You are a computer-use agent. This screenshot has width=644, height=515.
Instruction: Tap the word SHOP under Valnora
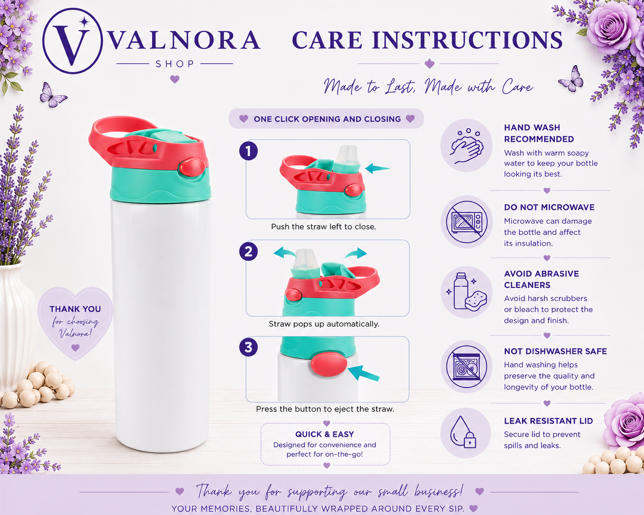point(175,64)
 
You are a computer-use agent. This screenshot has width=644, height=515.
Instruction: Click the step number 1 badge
point(249,151)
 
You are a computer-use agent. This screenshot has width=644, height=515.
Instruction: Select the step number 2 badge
point(249,252)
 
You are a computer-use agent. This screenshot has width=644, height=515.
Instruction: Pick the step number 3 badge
point(249,347)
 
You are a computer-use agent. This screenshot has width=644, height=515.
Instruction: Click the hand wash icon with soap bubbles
point(467,146)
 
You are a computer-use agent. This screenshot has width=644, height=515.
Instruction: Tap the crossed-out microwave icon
point(467,222)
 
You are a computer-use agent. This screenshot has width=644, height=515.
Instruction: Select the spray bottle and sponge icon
point(468,292)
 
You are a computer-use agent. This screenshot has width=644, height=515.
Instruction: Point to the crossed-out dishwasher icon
point(467,367)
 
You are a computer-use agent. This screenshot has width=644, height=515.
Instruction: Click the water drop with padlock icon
point(463,432)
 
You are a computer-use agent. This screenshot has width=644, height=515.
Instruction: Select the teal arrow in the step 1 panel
point(378,168)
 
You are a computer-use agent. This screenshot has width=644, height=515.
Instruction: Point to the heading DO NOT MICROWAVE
point(549,207)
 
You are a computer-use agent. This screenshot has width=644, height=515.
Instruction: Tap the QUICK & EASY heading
point(325,434)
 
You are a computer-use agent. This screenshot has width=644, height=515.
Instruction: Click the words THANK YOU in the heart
point(75,309)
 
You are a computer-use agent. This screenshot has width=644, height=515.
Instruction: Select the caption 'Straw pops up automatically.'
point(324,324)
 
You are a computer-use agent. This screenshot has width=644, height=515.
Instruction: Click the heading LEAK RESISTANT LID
point(548,421)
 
